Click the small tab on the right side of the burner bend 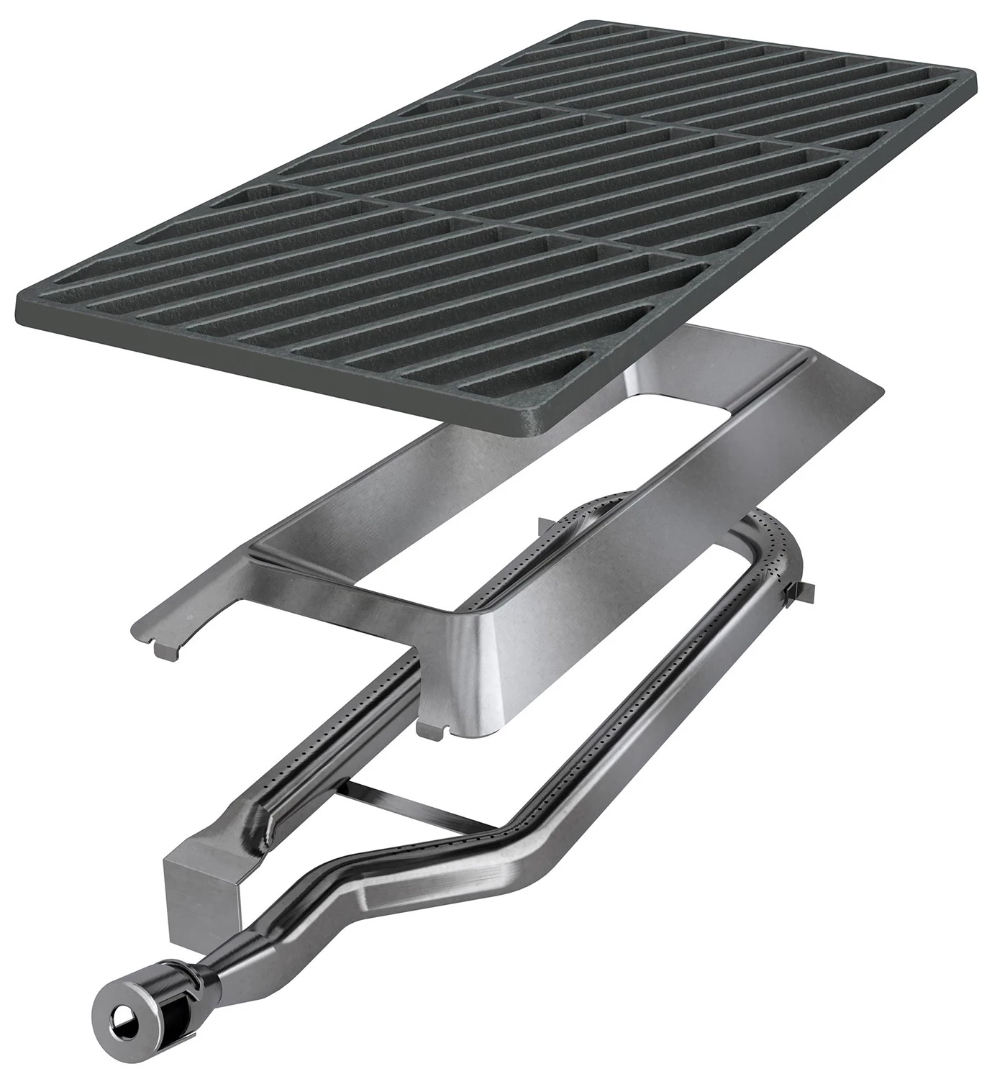pyautogui.click(x=802, y=592)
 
